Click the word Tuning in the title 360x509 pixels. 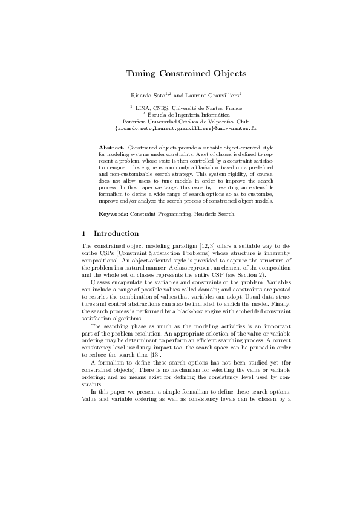coord(140,74)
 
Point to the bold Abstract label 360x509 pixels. coord(111,148)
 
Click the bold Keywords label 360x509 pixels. coord(113,214)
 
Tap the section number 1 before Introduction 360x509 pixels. coord(83,234)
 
